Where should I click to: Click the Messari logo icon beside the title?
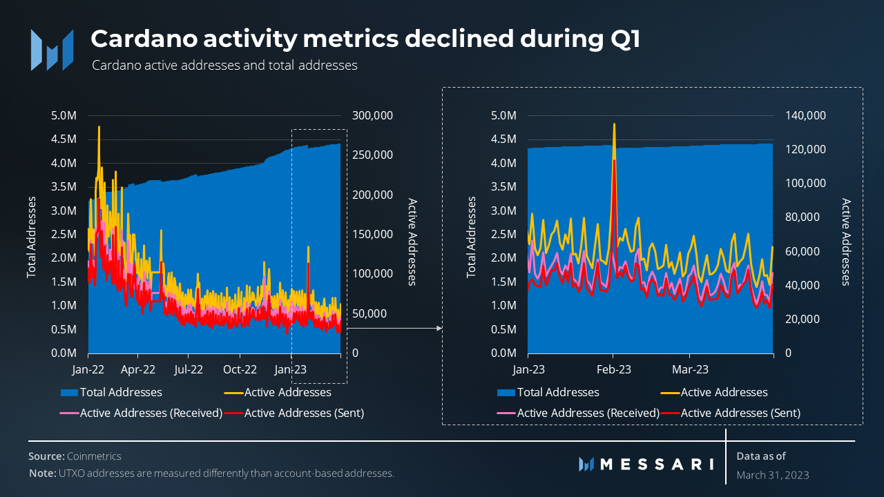[x=52, y=50]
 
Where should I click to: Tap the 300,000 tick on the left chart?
[x=372, y=115]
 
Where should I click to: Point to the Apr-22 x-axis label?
[x=138, y=369]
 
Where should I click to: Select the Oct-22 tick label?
[x=239, y=369]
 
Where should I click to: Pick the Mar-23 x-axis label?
[x=691, y=369]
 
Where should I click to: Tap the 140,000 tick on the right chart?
[x=806, y=115]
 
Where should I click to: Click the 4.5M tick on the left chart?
[x=64, y=139]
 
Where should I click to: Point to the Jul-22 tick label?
[x=189, y=369]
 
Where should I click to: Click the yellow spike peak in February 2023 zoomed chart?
[x=614, y=124]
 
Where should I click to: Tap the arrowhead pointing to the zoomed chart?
[x=439, y=329]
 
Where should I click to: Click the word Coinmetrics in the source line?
[x=94, y=456]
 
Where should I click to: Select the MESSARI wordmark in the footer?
[x=656, y=464]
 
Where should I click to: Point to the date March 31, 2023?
[x=773, y=475]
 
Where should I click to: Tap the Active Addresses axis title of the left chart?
[x=412, y=242]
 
